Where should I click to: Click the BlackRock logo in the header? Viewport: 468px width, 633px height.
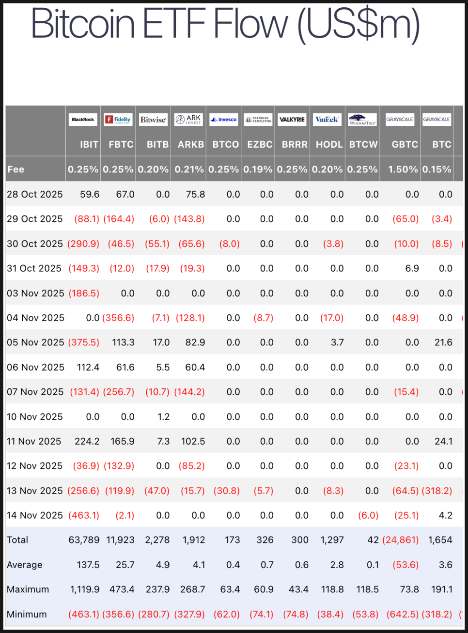pos(83,120)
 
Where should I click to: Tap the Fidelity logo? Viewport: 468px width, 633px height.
pos(118,120)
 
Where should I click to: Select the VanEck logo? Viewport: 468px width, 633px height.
pos(327,120)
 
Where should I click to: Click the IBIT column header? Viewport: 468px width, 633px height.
pos(89,144)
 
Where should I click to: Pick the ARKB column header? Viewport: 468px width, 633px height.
pos(191,144)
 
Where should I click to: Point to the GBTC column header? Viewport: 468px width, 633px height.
pos(405,144)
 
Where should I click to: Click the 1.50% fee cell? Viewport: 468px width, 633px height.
pos(403,170)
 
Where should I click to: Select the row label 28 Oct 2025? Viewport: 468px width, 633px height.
pos(35,194)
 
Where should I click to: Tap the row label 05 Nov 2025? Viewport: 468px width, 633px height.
pos(35,342)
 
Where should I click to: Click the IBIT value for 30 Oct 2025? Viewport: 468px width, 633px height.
pos(83,244)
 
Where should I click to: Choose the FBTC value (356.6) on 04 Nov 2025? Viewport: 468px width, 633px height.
pos(118,318)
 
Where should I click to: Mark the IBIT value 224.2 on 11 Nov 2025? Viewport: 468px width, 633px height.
pos(87,441)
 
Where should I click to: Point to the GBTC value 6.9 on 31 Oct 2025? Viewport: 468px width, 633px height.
pos(412,268)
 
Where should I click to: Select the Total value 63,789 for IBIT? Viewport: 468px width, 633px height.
pos(84,540)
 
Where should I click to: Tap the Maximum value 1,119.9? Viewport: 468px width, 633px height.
pos(85,589)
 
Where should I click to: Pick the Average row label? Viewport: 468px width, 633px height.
pos(25,565)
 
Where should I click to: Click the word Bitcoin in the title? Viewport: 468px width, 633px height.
pos(83,24)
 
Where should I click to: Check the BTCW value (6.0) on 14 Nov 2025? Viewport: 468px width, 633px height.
pos(368,515)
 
